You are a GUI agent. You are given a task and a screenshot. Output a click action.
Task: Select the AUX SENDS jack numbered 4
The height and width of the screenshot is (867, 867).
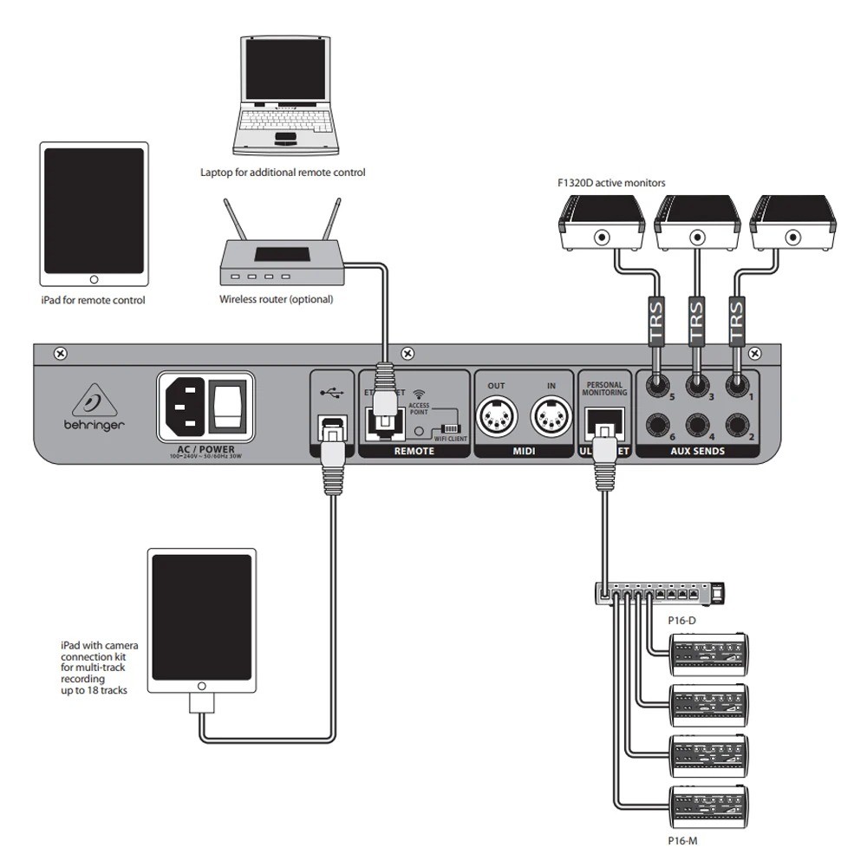[696, 425]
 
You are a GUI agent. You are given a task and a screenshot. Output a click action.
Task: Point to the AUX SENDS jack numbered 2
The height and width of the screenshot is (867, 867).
[738, 425]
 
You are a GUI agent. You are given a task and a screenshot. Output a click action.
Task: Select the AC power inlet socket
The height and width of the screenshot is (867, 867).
[184, 404]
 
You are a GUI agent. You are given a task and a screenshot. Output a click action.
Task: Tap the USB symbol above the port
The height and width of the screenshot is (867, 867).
[331, 392]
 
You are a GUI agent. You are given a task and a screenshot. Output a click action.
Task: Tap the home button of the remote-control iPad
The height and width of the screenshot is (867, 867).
[94, 279]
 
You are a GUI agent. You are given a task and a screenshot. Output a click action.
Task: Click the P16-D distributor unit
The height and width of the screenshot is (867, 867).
[659, 594]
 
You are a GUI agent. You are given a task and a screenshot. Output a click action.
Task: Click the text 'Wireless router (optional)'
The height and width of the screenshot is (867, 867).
[276, 299]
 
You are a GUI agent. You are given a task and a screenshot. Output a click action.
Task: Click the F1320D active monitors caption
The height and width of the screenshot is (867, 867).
[610, 183]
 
